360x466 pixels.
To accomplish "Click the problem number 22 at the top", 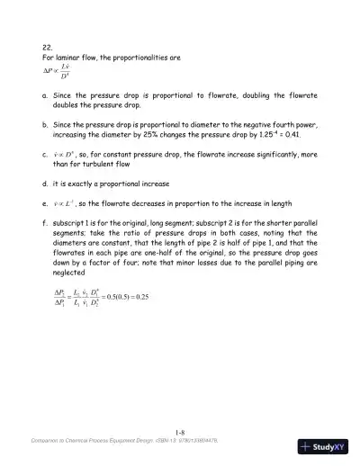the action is pyautogui.click(x=48, y=47).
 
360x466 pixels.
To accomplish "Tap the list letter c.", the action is pyautogui.click(x=45, y=154).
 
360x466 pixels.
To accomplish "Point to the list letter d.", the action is pyautogui.click(x=45, y=180).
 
